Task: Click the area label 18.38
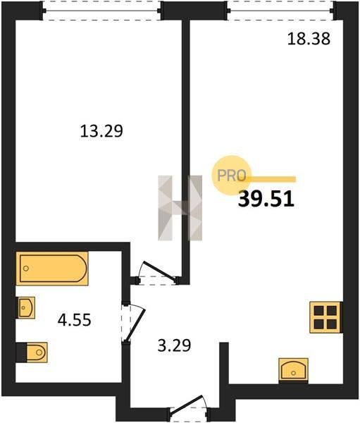pos(309,39)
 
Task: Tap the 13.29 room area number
pos(101,131)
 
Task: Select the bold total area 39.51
pos(266,199)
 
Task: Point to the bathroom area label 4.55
pos(75,320)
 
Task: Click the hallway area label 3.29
pos(174,345)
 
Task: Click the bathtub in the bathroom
pos(52,269)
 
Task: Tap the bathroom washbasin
pos(26,307)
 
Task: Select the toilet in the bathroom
pos(32,352)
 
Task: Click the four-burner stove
pos(326,317)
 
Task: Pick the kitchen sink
pos(293,371)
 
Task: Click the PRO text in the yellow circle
pos(232,176)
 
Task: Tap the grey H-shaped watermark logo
pos(180,208)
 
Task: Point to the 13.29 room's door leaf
pos(160,271)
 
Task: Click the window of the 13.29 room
pos(101,11)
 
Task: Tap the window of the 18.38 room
pos(281,11)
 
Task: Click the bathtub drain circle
pos(26,269)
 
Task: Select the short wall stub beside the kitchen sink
pos(224,363)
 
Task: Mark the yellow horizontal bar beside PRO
pos(271,179)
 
